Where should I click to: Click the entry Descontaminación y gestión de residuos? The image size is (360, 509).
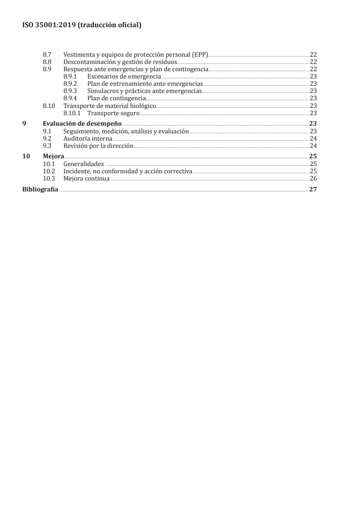(120, 62)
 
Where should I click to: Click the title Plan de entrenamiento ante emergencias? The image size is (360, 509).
(145, 84)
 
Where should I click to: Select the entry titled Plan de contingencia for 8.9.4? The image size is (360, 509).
(117, 98)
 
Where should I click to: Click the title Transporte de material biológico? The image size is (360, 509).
(110, 106)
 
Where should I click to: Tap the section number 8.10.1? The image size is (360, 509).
(72, 113)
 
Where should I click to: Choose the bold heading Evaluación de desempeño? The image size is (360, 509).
(82, 123)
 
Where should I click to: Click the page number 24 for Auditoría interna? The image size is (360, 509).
(313, 138)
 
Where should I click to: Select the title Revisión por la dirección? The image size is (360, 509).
(99, 146)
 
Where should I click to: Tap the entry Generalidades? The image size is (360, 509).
(84, 164)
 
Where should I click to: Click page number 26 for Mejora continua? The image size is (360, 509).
(313, 179)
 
